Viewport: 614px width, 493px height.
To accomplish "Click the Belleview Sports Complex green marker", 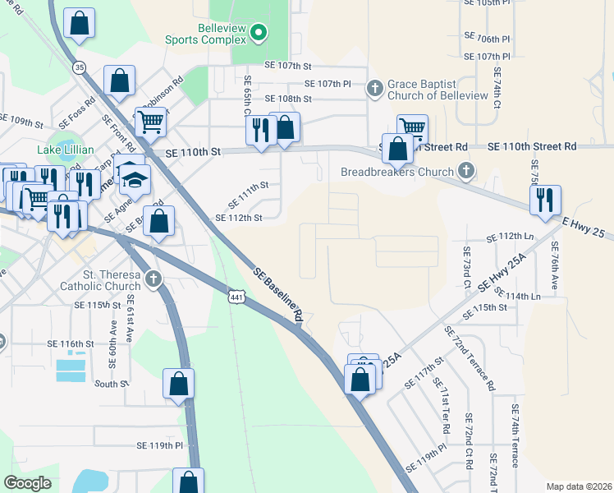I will click(259, 33).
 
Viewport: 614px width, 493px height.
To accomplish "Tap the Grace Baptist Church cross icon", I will click(375, 86).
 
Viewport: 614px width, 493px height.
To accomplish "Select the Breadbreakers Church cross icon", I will click(467, 171).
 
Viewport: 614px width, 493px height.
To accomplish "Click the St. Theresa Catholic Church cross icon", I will click(152, 280).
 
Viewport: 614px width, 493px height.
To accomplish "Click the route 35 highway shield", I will click(80, 67).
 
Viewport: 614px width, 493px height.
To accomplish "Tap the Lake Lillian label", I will click(66, 150).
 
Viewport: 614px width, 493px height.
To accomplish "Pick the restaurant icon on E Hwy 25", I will click(545, 200).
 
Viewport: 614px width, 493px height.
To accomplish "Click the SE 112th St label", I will click(238, 218).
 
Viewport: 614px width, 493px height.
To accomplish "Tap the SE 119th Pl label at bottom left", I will click(159, 445).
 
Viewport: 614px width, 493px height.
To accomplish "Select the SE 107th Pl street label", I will click(328, 84).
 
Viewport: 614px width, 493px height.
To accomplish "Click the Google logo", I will click(27, 483).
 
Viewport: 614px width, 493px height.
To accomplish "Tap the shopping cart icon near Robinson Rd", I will click(151, 121).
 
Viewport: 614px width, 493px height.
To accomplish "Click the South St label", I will click(107, 384).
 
